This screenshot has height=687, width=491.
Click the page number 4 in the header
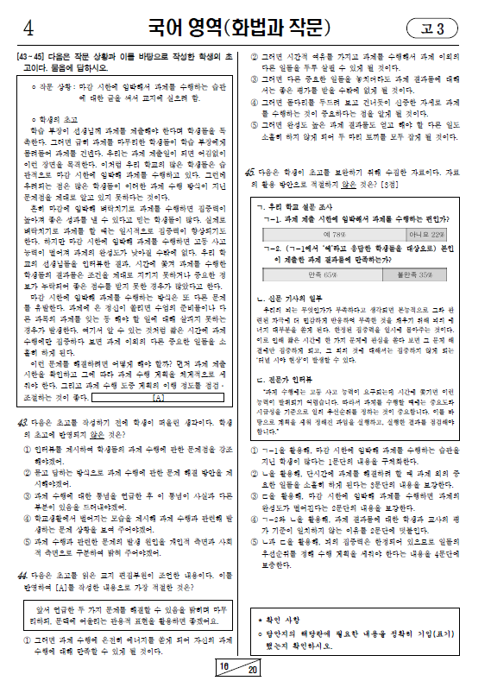tap(29, 29)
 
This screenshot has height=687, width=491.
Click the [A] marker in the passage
tap(158, 399)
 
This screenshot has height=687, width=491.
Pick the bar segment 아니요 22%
tap(427, 234)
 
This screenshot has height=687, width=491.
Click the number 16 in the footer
tap(225, 667)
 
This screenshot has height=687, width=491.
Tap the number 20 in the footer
tap(252, 670)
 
